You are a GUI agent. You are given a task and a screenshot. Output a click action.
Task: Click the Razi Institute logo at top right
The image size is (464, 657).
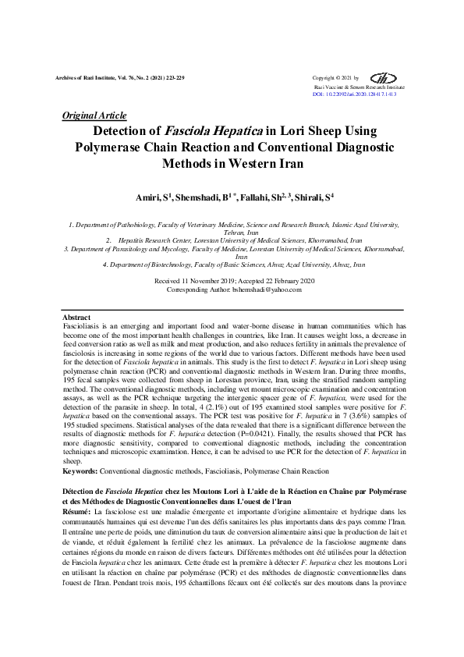[x=381, y=79]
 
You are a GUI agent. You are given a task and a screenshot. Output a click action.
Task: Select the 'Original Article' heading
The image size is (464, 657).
[x=94, y=115]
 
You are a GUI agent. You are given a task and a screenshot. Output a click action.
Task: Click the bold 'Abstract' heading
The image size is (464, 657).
[x=76, y=318]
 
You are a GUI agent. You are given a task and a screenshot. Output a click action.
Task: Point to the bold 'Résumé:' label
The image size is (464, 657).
[x=77, y=507]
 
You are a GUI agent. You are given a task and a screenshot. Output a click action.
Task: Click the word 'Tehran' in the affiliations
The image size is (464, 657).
[x=225, y=233]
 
